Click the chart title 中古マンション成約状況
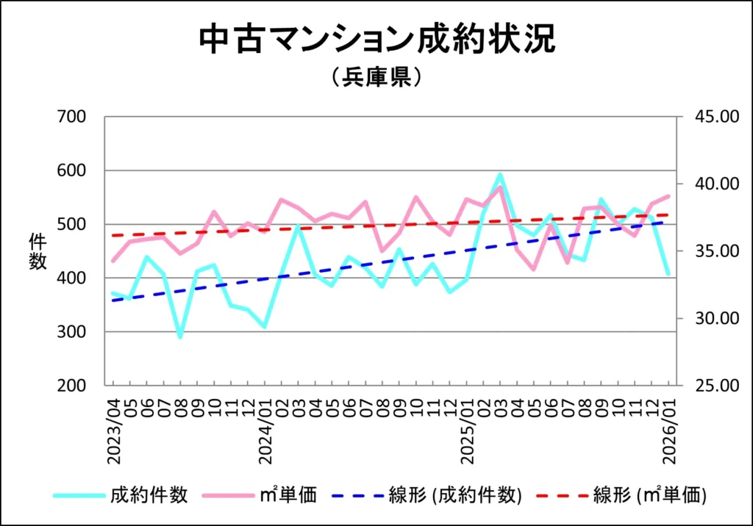click(x=376, y=40)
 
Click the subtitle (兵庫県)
click(x=376, y=77)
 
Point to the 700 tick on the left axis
click(x=71, y=117)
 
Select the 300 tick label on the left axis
click(x=71, y=332)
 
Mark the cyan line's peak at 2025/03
click(x=500, y=175)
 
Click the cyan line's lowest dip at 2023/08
click(x=180, y=336)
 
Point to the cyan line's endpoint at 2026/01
click(x=668, y=274)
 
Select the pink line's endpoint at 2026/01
click(x=668, y=196)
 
